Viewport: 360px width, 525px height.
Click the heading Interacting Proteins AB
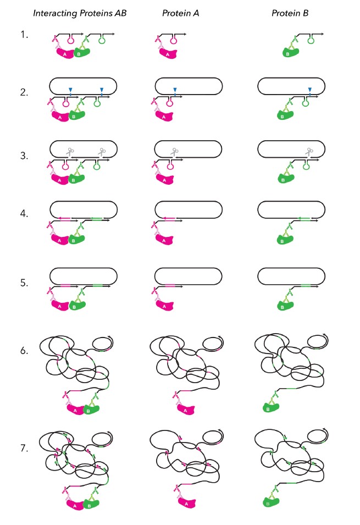pyautogui.click(x=80, y=13)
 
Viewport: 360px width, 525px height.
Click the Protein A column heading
pyautogui.click(x=177, y=13)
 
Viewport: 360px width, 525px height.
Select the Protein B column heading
pyautogui.click(x=289, y=13)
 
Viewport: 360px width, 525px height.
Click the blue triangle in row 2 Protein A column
pyautogui.click(x=174, y=90)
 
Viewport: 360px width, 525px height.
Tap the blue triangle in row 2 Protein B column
pyautogui.click(x=310, y=90)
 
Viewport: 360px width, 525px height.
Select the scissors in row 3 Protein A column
pyautogui.click(x=174, y=151)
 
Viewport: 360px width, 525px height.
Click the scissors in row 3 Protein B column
pyautogui.click(x=309, y=151)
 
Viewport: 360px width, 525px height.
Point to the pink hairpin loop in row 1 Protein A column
pyautogui.click(x=174, y=40)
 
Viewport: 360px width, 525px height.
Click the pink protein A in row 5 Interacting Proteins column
pyautogui.click(x=62, y=304)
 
